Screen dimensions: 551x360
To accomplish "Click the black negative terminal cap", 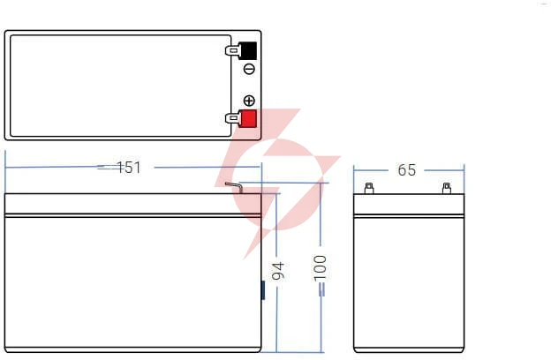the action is (x=248, y=50).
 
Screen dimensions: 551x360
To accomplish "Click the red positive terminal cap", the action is (x=248, y=119).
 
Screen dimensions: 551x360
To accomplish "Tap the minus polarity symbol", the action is (x=249, y=69).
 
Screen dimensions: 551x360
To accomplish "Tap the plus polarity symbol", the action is (x=249, y=101).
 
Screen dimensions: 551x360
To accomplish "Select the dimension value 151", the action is (x=129, y=168).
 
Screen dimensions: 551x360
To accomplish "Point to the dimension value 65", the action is (x=406, y=170).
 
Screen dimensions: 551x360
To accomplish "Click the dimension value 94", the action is (x=278, y=271).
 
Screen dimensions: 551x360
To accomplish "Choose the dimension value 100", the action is (x=320, y=268).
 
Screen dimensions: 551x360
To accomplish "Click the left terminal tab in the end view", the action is (x=369, y=188).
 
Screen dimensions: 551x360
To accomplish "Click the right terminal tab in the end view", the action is (x=447, y=188).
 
